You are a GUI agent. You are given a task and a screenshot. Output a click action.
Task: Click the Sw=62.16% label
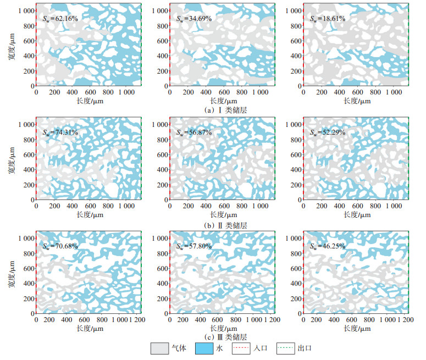click(60, 19)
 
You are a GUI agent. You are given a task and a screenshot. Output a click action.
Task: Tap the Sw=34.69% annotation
click(194, 19)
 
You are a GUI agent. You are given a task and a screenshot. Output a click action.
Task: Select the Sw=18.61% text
click(328, 19)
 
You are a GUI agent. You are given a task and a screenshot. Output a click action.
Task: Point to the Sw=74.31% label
click(60, 132)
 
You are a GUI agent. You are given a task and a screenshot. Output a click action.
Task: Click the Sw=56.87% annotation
click(194, 132)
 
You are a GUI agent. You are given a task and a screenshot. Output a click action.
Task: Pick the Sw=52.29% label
click(328, 132)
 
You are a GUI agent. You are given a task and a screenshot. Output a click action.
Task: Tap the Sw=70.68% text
click(60, 246)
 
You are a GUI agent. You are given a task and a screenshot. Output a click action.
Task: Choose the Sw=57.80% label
click(194, 246)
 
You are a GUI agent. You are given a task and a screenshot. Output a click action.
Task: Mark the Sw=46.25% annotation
click(328, 246)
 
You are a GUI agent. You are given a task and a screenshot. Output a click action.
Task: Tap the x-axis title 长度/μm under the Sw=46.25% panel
click(358, 328)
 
